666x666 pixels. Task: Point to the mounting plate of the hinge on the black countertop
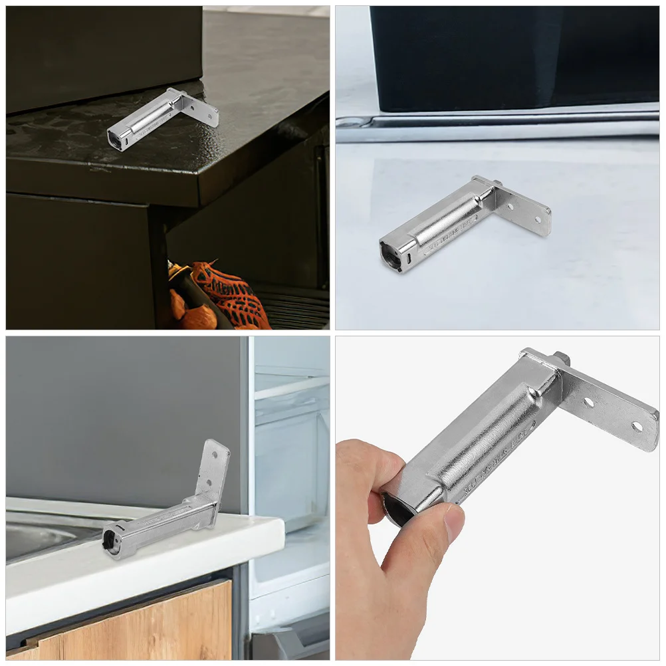(x=199, y=106)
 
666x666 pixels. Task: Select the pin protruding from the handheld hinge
(x=562, y=359)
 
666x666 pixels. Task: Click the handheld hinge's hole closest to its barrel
(x=588, y=401)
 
